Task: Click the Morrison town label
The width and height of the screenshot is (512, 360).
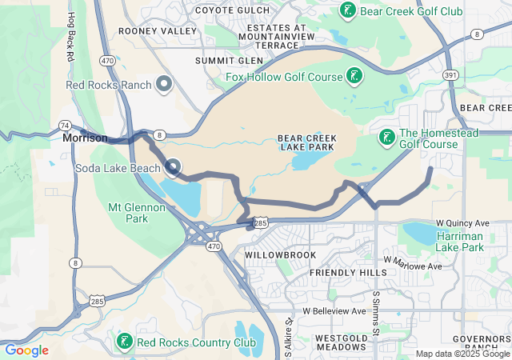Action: (85, 138)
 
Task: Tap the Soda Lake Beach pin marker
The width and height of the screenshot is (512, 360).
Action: (173, 167)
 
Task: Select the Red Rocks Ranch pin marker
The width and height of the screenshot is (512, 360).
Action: (164, 83)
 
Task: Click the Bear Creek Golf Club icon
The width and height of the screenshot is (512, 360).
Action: (348, 10)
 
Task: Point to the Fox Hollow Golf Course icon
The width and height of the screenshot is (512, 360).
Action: (353, 77)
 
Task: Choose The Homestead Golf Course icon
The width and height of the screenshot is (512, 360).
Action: (386, 138)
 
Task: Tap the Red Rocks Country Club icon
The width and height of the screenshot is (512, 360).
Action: (124, 342)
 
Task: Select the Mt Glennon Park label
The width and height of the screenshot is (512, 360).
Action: (137, 213)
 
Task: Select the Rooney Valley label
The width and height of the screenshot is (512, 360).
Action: (157, 30)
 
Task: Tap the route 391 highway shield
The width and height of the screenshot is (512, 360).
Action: (451, 74)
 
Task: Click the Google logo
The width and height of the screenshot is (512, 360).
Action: (26, 350)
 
